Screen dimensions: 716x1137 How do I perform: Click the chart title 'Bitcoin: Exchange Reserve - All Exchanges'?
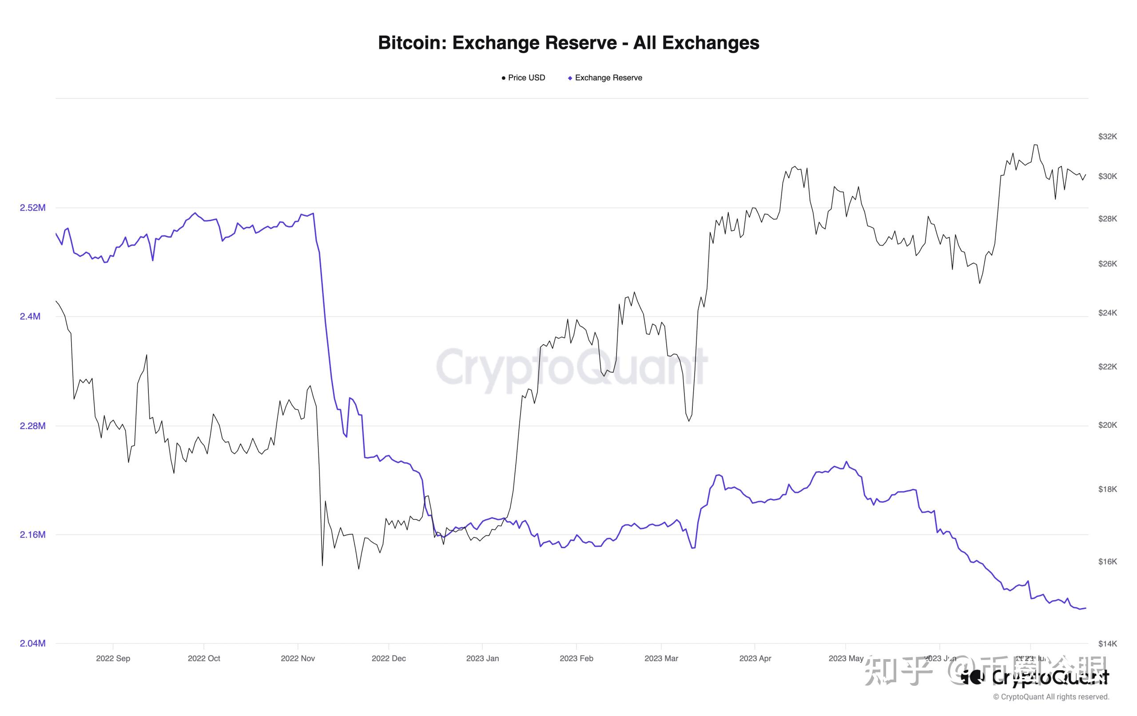[x=568, y=43]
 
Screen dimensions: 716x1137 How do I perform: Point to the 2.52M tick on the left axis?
[x=32, y=208]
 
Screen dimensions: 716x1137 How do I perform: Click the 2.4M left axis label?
[x=30, y=316]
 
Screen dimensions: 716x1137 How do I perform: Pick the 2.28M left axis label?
[x=32, y=426]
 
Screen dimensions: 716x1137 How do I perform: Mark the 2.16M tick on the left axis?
[x=32, y=535]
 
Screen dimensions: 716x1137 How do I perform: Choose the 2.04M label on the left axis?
[x=32, y=643]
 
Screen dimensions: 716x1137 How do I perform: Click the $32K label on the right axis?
[x=1107, y=136]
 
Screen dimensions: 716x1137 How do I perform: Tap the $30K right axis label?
[x=1107, y=176]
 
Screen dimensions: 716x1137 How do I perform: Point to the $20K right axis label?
[x=1107, y=425]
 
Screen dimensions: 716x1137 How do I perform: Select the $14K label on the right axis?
[x=1107, y=643]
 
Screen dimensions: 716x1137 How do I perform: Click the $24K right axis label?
[x=1107, y=313]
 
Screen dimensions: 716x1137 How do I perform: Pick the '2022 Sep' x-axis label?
[x=113, y=658]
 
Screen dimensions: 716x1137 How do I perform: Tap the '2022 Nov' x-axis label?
[x=298, y=658]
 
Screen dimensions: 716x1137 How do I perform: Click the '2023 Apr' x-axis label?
[x=755, y=658]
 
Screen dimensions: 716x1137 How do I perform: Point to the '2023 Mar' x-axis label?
[x=661, y=658]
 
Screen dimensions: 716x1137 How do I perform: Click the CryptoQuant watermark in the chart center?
[x=571, y=367]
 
